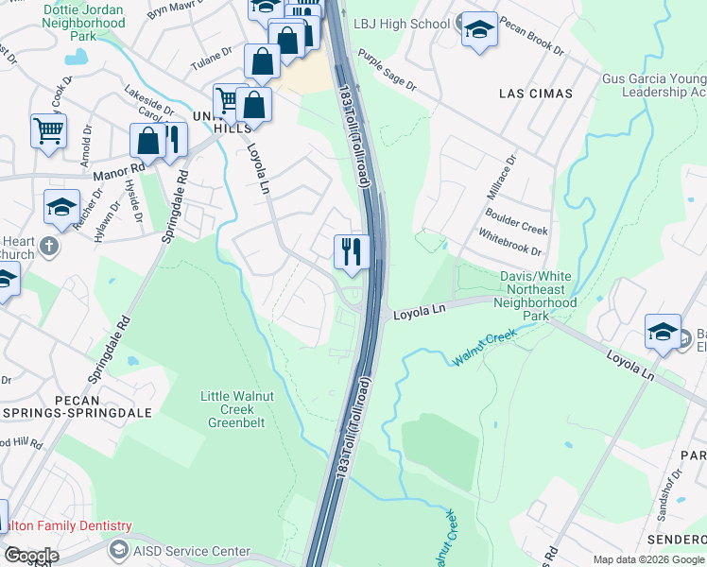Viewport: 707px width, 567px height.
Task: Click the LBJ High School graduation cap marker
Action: (x=479, y=28)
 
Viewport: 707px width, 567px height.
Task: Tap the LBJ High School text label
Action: (x=402, y=24)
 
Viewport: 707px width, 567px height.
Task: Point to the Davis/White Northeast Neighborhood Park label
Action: (x=537, y=290)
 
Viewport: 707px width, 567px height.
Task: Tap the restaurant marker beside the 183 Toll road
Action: (x=351, y=251)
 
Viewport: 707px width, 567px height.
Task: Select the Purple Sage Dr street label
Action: (x=387, y=72)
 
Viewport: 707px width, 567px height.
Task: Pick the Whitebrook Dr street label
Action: (x=509, y=245)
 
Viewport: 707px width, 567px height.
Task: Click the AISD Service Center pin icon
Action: (x=118, y=550)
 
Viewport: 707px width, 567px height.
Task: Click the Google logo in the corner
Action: (x=30, y=556)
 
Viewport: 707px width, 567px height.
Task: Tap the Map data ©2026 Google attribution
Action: (x=647, y=559)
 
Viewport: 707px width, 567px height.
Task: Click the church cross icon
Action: (x=50, y=248)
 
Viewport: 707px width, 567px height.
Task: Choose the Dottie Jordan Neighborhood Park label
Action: (x=83, y=22)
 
